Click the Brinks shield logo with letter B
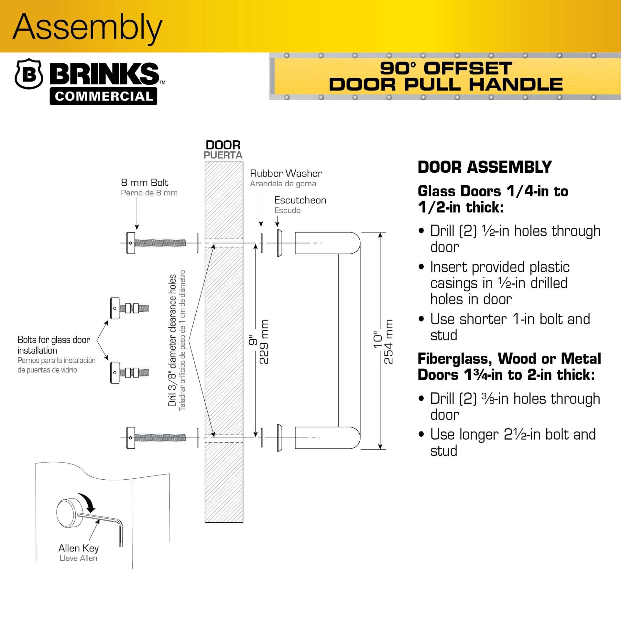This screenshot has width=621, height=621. tap(29, 74)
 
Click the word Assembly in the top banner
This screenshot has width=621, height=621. tap(87, 27)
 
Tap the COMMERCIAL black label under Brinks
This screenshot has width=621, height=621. tap(103, 96)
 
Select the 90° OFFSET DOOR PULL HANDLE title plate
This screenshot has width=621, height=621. tap(446, 76)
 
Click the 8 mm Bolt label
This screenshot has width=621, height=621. tap(145, 183)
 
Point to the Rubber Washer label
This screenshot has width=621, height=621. tap(286, 174)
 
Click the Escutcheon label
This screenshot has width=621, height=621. tap(300, 201)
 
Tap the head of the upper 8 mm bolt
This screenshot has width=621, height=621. tap(131, 243)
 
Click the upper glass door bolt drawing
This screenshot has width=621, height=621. tap(129, 308)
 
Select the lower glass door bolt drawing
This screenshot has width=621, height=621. tap(129, 373)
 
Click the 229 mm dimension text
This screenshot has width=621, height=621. tap(264, 342)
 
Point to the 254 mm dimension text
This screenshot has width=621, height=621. tap(388, 342)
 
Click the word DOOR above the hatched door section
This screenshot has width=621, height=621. tap(223, 145)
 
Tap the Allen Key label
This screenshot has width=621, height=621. tap(79, 548)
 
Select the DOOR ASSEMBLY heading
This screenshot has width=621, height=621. tap(485, 167)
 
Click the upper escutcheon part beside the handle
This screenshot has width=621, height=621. tap(279, 243)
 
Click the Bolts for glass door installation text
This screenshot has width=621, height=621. tap(53, 345)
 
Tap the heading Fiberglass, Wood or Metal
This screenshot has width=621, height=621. tap(509, 359)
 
